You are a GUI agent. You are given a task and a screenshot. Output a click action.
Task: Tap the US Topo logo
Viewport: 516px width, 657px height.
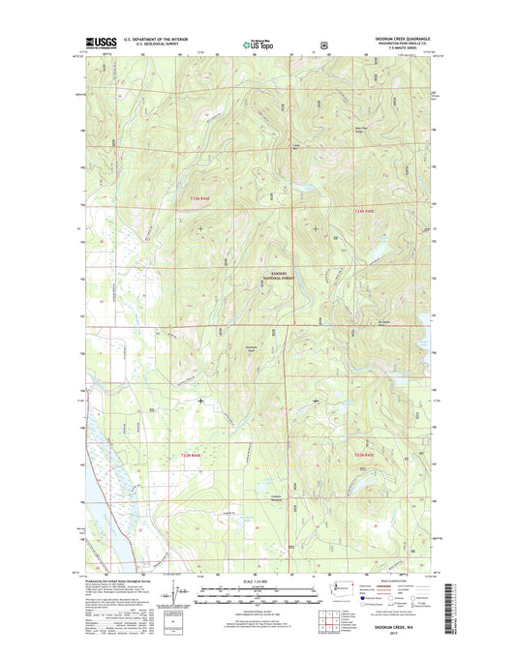coord(257,44)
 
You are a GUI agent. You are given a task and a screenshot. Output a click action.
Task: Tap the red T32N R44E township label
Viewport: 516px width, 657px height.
coord(189,454)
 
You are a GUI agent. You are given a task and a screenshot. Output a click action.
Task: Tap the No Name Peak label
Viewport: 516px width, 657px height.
coord(384,325)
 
